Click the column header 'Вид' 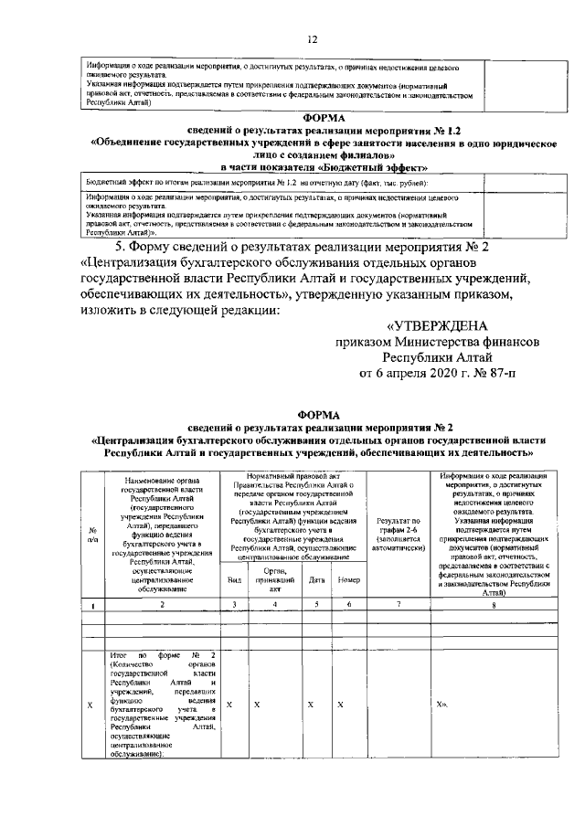pos(233,579)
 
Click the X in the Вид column pos(229,705)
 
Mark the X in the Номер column pos(339,705)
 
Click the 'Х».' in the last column pos(443,705)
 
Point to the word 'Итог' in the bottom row pos(117,655)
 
